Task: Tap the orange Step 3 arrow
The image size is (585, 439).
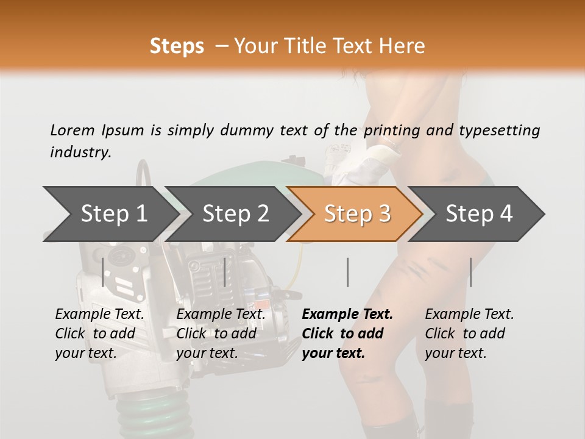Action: (356, 214)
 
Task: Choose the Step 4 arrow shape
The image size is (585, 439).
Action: (479, 214)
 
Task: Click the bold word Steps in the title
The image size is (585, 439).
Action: (177, 46)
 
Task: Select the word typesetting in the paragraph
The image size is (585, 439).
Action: (500, 130)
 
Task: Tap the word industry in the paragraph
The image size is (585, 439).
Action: (80, 152)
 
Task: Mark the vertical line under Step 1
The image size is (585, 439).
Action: (103, 272)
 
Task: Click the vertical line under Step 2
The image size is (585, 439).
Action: (225, 272)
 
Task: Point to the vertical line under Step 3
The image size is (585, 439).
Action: (347, 272)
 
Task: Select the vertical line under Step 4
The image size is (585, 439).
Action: (470, 272)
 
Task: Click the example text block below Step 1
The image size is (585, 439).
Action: (99, 334)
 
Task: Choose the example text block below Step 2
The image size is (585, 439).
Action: (221, 334)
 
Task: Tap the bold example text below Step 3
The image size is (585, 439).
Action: (347, 334)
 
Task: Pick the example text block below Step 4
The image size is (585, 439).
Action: (469, 334)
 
